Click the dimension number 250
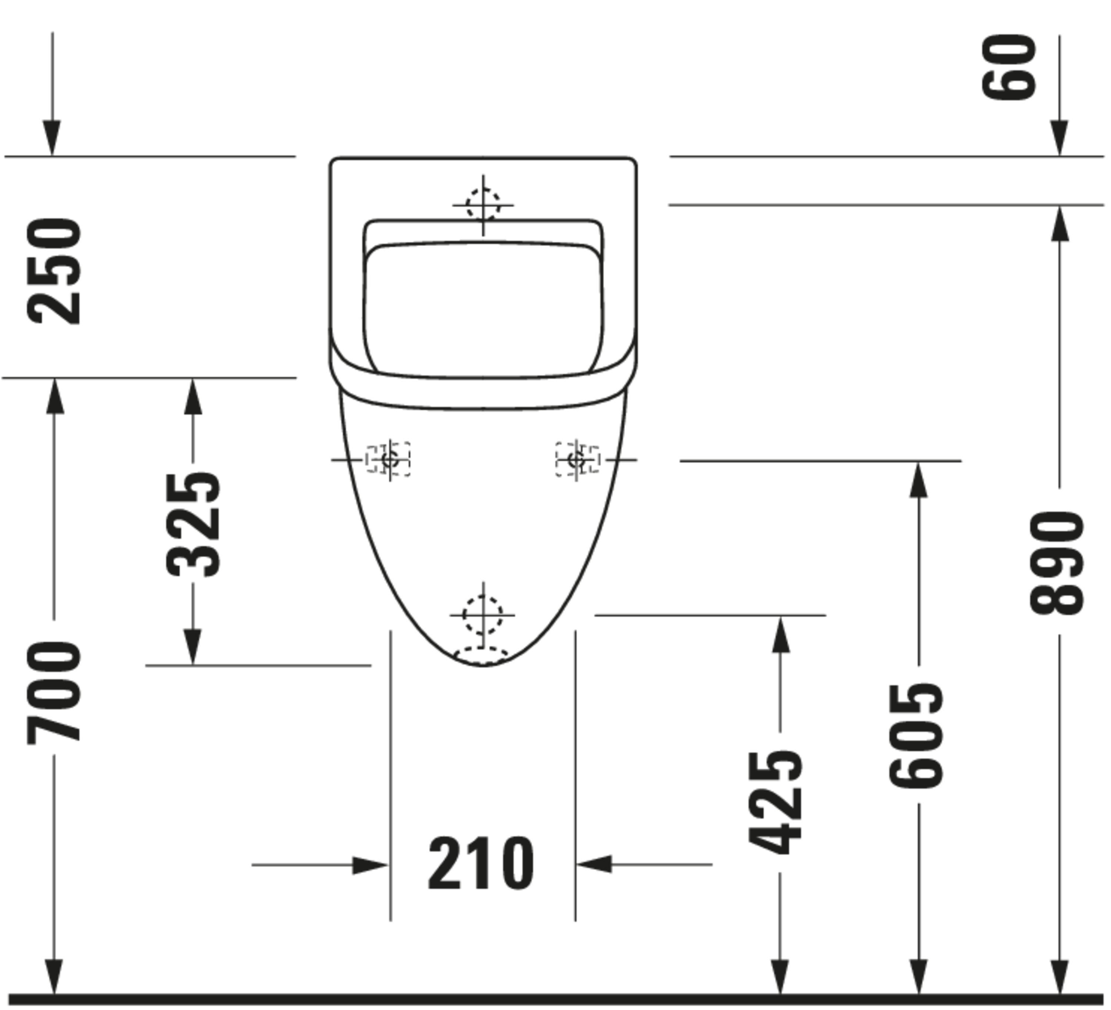[x=54, y=272]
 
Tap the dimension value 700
[x=54, y=692]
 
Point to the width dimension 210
[x=481, y=863]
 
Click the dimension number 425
[x=775, y=803]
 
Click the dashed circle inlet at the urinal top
[x=483, y=205]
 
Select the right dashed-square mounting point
[x=577, y=459]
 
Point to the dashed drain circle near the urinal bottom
[x=482, y=615]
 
